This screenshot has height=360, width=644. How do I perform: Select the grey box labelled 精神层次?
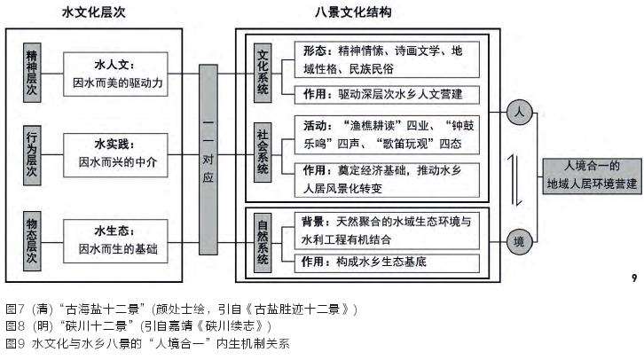point(33,74)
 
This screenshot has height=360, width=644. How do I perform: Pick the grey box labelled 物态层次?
point(33,239)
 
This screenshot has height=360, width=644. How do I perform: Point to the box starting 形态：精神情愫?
point(384,59)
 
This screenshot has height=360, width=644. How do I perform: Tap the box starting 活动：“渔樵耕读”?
point(384,133)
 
